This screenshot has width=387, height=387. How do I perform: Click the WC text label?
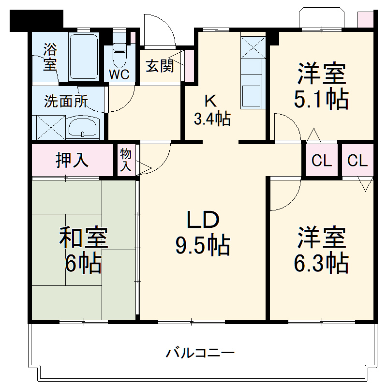119,75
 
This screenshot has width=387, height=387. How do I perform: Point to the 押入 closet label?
73,160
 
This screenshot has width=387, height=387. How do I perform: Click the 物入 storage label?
125,160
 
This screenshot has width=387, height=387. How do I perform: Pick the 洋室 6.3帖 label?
321,250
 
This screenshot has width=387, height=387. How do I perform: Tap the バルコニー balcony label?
200,352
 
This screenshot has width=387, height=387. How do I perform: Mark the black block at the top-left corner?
36,20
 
